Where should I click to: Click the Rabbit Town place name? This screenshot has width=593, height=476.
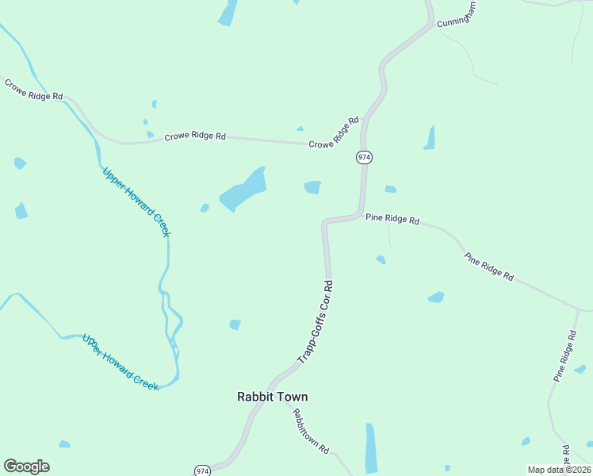click(x=272, y=397)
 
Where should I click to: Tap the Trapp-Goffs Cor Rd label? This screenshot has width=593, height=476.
click(x=316, y=322)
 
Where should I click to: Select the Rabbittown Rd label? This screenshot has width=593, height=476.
click(x=310, y=431)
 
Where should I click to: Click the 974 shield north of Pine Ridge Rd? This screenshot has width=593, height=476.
click(x=363, y=157)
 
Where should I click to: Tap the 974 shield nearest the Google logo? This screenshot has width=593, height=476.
click(x=202, y=470)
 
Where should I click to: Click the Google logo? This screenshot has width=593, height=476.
click(x=26, y=466)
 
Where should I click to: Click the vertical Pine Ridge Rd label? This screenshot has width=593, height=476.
click(x=565, y=357)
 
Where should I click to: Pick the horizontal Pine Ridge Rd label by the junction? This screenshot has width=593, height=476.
click(x=392, y=219)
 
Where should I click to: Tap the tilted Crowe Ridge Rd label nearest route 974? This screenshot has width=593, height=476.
click(x=334, y=133)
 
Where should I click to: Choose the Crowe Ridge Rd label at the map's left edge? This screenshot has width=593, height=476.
click(x=33, y=89)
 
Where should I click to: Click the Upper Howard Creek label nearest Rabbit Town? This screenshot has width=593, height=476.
click(x=121, y=362)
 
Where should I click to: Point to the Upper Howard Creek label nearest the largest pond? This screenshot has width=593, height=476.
click(x=136, y=202)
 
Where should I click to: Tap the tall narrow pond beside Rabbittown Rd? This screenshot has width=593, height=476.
click(x=370, y=447)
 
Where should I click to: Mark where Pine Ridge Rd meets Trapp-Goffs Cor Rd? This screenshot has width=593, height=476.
click(x=362, y=215)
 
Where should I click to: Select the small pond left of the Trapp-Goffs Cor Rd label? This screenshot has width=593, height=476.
click(x=235, y=324)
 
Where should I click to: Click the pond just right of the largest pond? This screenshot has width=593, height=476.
click(x=312, y=187)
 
